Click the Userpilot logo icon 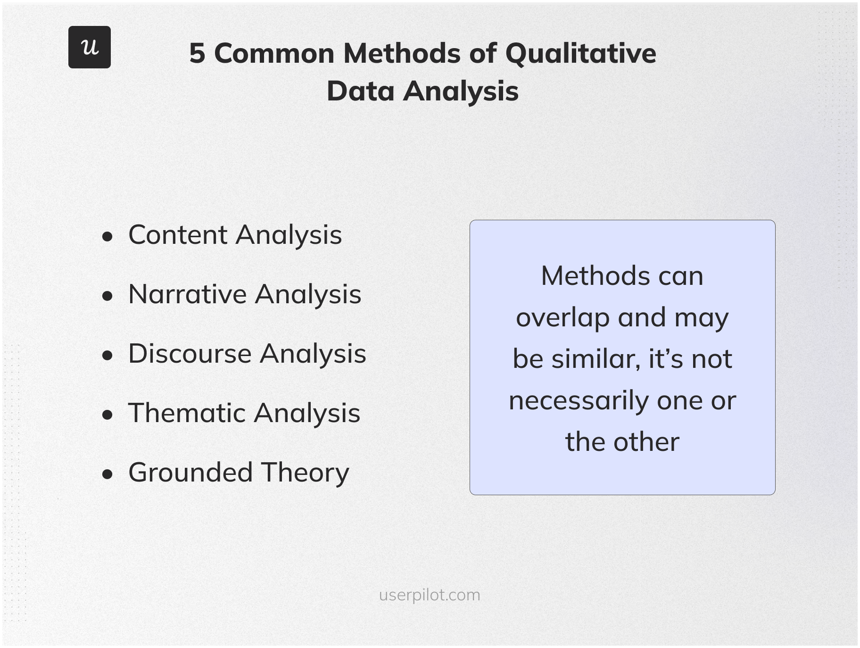click(x=90, y=47)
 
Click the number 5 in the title click(x=197, y=53)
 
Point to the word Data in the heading click(x=360, y=91)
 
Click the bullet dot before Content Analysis click(x=107, y=237)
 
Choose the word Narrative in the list click(x=187, y=294)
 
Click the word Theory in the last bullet click(x=305, y=473)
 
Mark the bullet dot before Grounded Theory click(x=107, y=474)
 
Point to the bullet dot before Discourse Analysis click(x=107, y=356)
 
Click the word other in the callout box click(x=646, y=442)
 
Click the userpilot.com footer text click(x=430, y=595)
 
